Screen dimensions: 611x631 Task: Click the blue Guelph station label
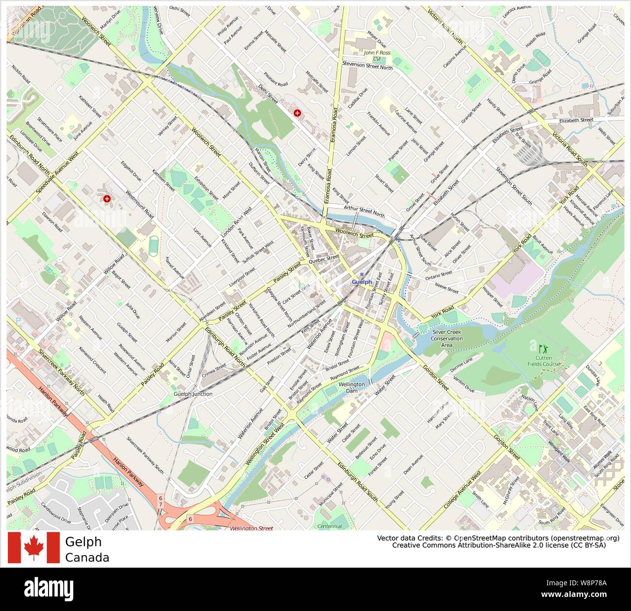pyautogui.click(x=362, y=282)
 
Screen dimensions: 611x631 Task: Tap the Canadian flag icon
pyautogui.click(x=33, y=547)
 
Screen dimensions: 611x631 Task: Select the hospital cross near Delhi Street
pyautogui.click(x=297, y=113)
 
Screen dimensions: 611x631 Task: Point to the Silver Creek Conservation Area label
pyautogui.click(x=447, y=339)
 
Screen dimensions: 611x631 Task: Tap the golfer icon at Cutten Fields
pyautogui.click(x=542, y=348)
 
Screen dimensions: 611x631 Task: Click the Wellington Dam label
pyautogui.click(x=351, y=388)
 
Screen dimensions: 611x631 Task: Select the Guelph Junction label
pyautogui.click(x=193, y=394)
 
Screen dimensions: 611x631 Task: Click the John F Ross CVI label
pyautogui.click(x=377, y=55)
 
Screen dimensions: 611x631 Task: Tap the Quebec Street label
pyautogui.click(x=324, y=259)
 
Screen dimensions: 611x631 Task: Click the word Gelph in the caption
pyautogui.click(x=83, y=542)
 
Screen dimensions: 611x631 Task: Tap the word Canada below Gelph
pyautogui.click(x=87, y=558)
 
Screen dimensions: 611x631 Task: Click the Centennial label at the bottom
pyautogui.click(x=330, y=526)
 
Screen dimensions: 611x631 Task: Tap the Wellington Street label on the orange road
pyautogui.click(x=251, y=528)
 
